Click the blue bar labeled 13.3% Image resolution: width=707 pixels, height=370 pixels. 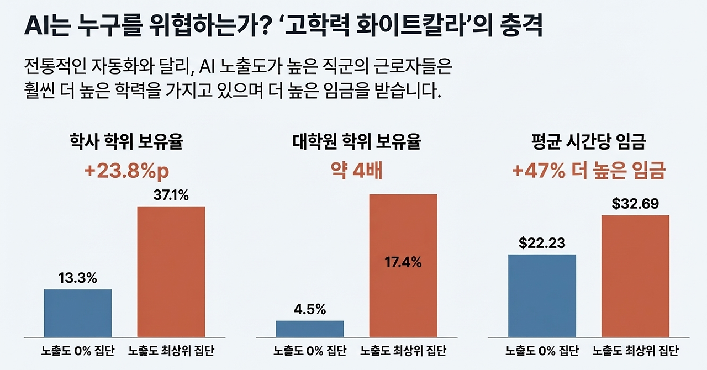[77, 313]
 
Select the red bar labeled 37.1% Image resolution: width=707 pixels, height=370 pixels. [171, 271]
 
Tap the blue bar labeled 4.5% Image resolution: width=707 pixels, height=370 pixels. [309, 329]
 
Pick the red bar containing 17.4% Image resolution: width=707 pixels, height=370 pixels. [403, 265]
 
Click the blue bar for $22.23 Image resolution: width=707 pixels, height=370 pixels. [541, 295]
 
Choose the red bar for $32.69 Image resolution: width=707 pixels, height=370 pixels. [635, 276]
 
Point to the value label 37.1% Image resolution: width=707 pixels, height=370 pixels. [171, 195]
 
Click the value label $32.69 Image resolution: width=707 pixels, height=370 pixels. [635, 204]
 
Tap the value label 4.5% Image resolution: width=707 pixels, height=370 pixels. [309, 309]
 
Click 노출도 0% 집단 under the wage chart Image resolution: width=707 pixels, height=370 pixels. [541, 351]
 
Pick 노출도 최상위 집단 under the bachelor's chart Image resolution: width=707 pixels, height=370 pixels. [171, 351]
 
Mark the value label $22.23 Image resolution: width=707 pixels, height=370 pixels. [541, 243]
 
